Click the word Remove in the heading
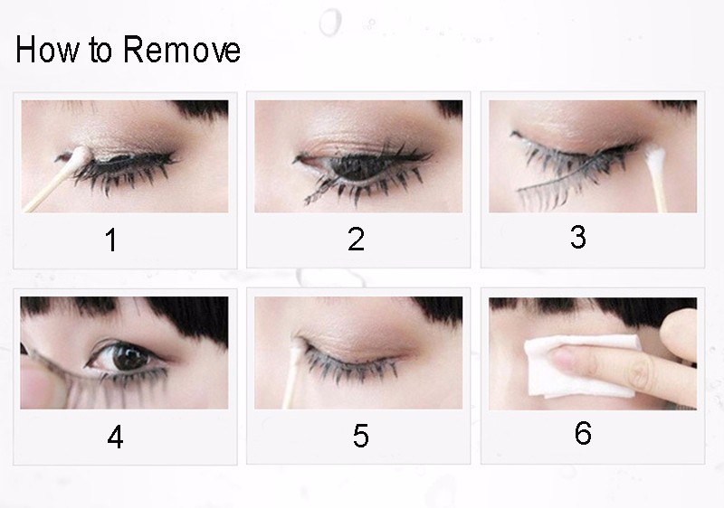(x=182, y=50)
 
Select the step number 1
(x=110, y=240)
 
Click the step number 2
(x=356, y=240)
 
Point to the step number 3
(x=578, y=237)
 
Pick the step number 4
(x=115, y=437)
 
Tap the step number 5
(x=360, y=436)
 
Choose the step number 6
(x=583, y=433)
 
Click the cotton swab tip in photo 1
(x=79, y=155)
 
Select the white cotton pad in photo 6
(x=583, y=365)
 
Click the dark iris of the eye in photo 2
(x=357, y=168)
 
